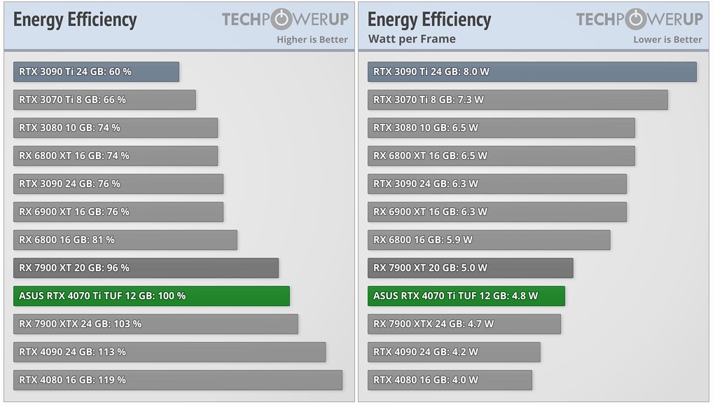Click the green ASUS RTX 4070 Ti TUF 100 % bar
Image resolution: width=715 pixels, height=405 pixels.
[x=151, y=296]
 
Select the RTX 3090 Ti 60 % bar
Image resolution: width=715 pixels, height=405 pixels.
[x=96, y=71]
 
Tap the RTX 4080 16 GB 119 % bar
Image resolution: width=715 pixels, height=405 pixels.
[x=178, y=380]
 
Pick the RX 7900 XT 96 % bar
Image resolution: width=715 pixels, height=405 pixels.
[x=146, y=268]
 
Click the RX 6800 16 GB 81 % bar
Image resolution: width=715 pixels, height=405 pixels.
[x=125, y=240]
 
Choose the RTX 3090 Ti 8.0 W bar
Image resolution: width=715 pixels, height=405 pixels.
[x=532, y=71]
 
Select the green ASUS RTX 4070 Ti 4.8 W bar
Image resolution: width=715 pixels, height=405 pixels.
[x=466, y=296]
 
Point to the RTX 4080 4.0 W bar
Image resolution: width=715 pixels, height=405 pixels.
[x=450, y=380]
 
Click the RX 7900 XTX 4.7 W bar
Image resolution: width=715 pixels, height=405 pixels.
[x=464, y=324]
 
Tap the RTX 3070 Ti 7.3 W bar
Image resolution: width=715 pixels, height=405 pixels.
[x=518, y=99]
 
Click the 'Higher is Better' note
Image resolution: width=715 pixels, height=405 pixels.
[x=312, y=39]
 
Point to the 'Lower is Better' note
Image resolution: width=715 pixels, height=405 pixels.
[x=667, y=39]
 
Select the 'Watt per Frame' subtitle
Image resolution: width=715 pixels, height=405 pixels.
[x=412, y=39]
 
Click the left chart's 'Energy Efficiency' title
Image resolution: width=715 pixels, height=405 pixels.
[x=75, y=19]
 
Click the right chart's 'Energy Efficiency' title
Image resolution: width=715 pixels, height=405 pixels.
[x=429, y=19]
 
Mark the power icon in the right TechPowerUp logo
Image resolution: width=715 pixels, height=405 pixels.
[x=637, y=19]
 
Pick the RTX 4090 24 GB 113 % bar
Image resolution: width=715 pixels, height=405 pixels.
[x=169, y=352]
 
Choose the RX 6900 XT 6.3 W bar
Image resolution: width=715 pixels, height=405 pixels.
[x=497, y=212]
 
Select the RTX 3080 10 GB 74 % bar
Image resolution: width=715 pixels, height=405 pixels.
[x=116, y=128]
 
